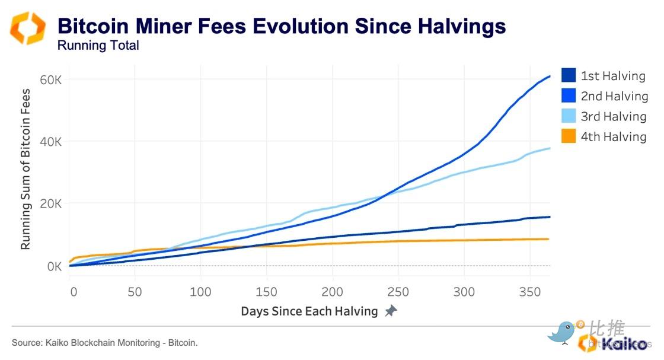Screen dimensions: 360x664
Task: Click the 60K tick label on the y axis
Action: [x=50, y=80]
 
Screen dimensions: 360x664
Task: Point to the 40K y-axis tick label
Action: [x=50, y=142]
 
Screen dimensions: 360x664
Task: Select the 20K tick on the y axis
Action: [x=50, y=204]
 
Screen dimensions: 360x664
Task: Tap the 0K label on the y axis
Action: [x=54, y=266]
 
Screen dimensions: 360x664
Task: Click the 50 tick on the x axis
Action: [x=136, y=291]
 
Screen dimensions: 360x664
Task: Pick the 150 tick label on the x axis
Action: [x=267, y=291]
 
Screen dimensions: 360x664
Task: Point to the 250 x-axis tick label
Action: [x=398, y=291]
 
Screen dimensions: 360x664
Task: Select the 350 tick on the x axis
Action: [x=529, y=291]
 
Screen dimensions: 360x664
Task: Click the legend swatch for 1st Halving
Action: [x=568, y=75]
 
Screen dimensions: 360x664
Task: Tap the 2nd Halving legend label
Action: [x=614, y=96]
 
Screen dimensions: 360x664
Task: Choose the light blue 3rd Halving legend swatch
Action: [x=568, y=116]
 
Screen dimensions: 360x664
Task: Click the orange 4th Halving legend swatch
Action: [x=568, y=136]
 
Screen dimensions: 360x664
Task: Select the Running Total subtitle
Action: [x=98, y=46]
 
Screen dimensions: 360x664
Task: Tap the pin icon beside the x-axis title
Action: [x=390, y=311]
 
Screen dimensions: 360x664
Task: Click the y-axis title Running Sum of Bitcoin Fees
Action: [x=25, y=169]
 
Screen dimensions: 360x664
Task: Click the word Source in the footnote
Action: [x=25, y=343]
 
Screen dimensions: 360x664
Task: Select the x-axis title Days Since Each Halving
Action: [x=309, y=311]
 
